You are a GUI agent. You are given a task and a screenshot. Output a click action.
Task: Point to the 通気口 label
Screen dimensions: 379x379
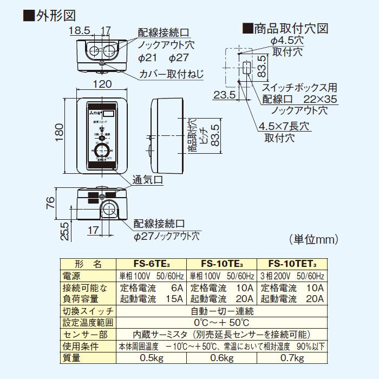pyautogui.click(x=149, y=179)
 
